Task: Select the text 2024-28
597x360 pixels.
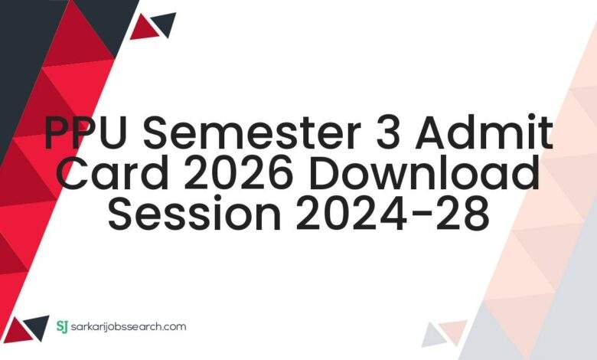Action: pyautogui.click(x=390, y=214)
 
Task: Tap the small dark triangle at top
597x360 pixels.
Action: pyautogui.click(x=163, y=24)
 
